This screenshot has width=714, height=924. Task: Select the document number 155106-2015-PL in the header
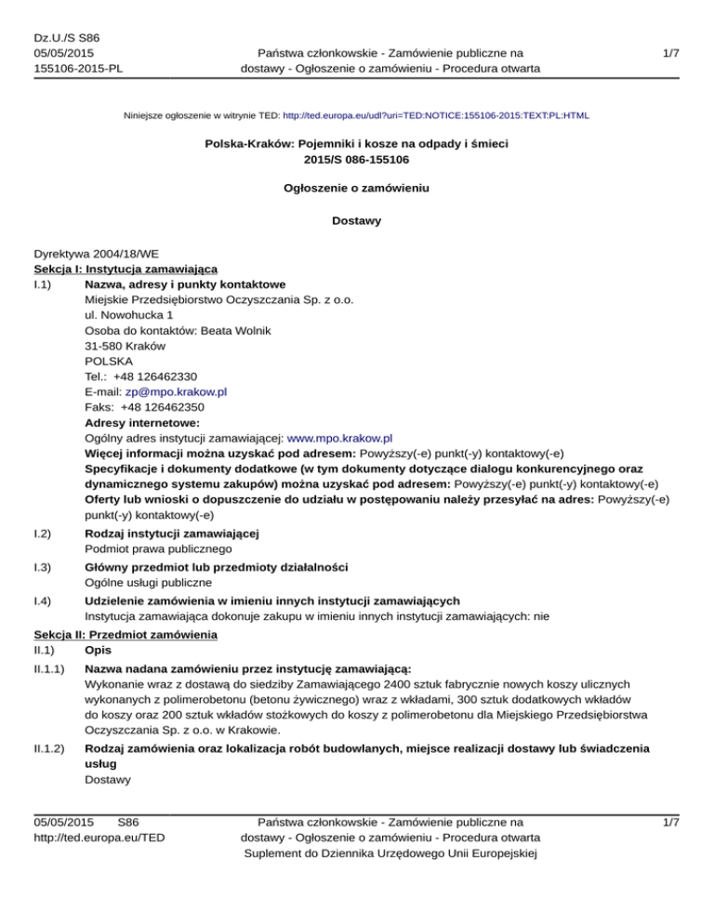pos(81,68)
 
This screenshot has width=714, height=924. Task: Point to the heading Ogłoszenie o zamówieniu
pos(356,188)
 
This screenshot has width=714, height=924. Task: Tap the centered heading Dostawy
pos(356,221)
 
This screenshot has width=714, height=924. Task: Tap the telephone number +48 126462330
pos(163,376)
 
